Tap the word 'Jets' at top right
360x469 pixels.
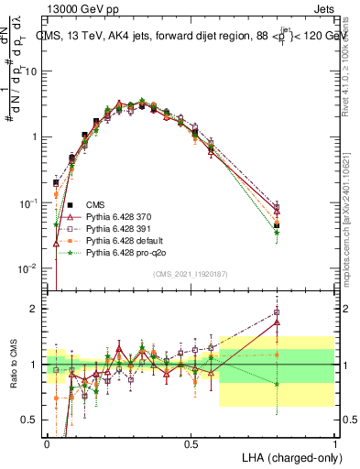322,8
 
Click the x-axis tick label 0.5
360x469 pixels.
191,443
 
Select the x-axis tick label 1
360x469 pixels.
334,443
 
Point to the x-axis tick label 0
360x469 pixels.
48,443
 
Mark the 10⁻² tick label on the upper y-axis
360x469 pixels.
30,267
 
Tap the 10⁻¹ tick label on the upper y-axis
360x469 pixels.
30,202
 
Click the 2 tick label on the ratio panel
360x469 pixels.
36,309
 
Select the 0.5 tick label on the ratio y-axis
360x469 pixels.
32,420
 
